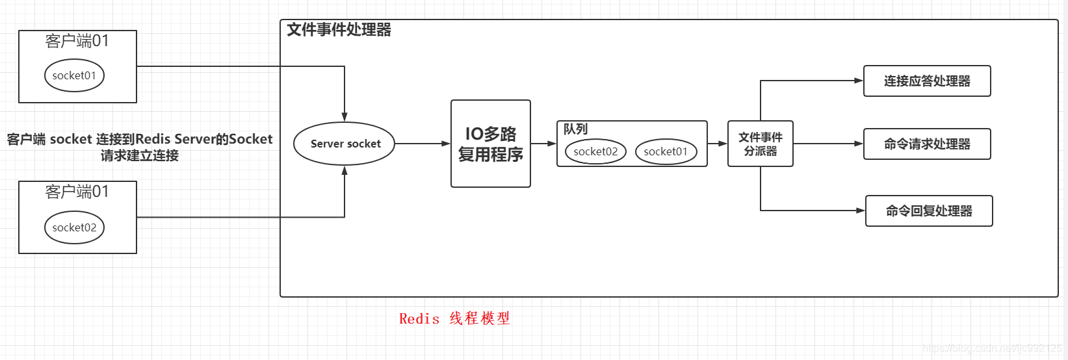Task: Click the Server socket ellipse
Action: pos(345,144)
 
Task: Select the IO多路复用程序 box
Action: pos(491,144)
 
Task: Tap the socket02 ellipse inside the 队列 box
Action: pos(595,151)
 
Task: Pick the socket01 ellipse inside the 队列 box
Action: pos(666,151)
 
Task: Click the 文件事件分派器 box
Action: pos(761,144)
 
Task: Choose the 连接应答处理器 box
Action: pos(927,81)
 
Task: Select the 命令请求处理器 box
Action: pos(927,144)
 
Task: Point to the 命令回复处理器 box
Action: pos(929,211)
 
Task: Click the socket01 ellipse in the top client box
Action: pos(74,75)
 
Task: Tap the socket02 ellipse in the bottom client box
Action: pos(74,227)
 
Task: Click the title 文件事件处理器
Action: pos(339,30)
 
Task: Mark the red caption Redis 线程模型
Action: pos(454,318)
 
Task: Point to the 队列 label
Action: pos(575,129)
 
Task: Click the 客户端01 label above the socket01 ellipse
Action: pos(77,41)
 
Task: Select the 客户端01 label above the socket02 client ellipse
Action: pos(77,192)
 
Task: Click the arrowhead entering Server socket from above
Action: pos(345,117)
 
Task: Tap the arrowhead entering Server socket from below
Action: pos(345,170)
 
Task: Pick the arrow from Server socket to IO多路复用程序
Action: pos(423,144)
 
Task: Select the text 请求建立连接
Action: pos(140,156)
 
